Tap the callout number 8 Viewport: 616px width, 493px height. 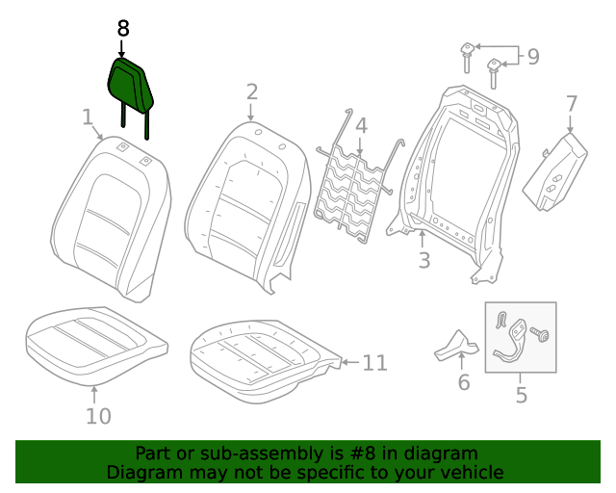click(122, 29)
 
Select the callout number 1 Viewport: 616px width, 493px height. click(88, 117)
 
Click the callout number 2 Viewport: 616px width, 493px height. click(251, 92)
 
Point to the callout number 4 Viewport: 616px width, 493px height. click(361, 125)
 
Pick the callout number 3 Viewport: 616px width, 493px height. click(423, 261)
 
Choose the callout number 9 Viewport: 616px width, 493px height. click(532, 58)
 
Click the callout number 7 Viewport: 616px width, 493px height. click(571, 103)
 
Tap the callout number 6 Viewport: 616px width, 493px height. click(463, 383)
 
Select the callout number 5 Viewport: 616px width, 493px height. click(521, 395)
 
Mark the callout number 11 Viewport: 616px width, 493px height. click(374, 363)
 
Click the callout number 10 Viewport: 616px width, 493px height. click(98, 416)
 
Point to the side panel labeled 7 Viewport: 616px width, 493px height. click(558, 171)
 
